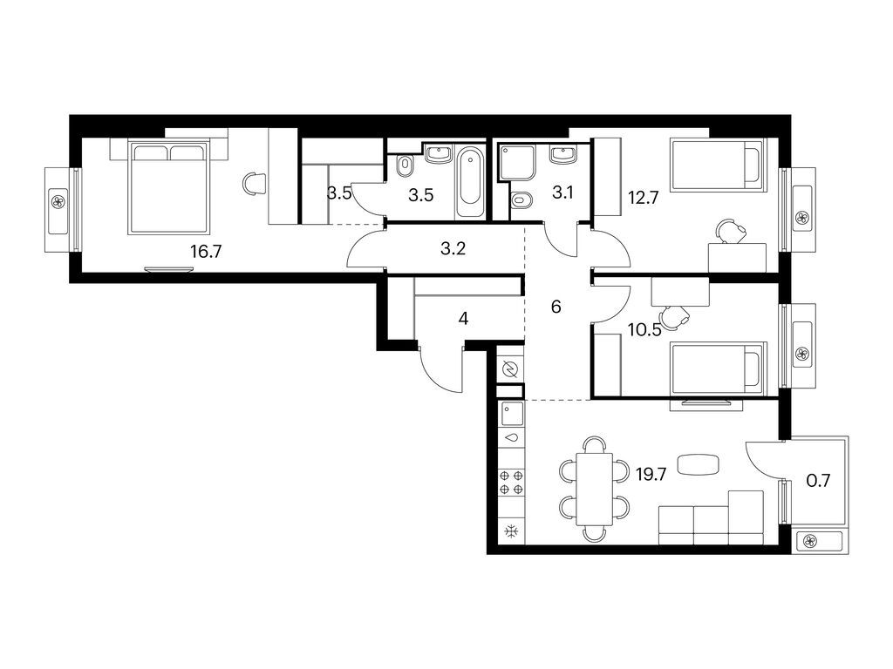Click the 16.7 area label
pyautogui.click(x=206, y=251)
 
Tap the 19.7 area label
pyautogui.click(x=651, y=474)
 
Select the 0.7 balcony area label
pyautogui.click(x=818, y=481)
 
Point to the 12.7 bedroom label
pyautogui.click(x=644, y=198)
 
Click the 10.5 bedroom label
pyautogui.click(x=644, y=330)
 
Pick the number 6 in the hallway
pyautogui.click(x=556, y=307)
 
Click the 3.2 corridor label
pyautogui.click(x=453, y=248)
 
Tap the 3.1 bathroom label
pyautogui.click(x=562, y=193)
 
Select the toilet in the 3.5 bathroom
pyautogui.click(x=406, y=165)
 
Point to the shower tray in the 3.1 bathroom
pyautogui.click(x=516, y=163)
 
